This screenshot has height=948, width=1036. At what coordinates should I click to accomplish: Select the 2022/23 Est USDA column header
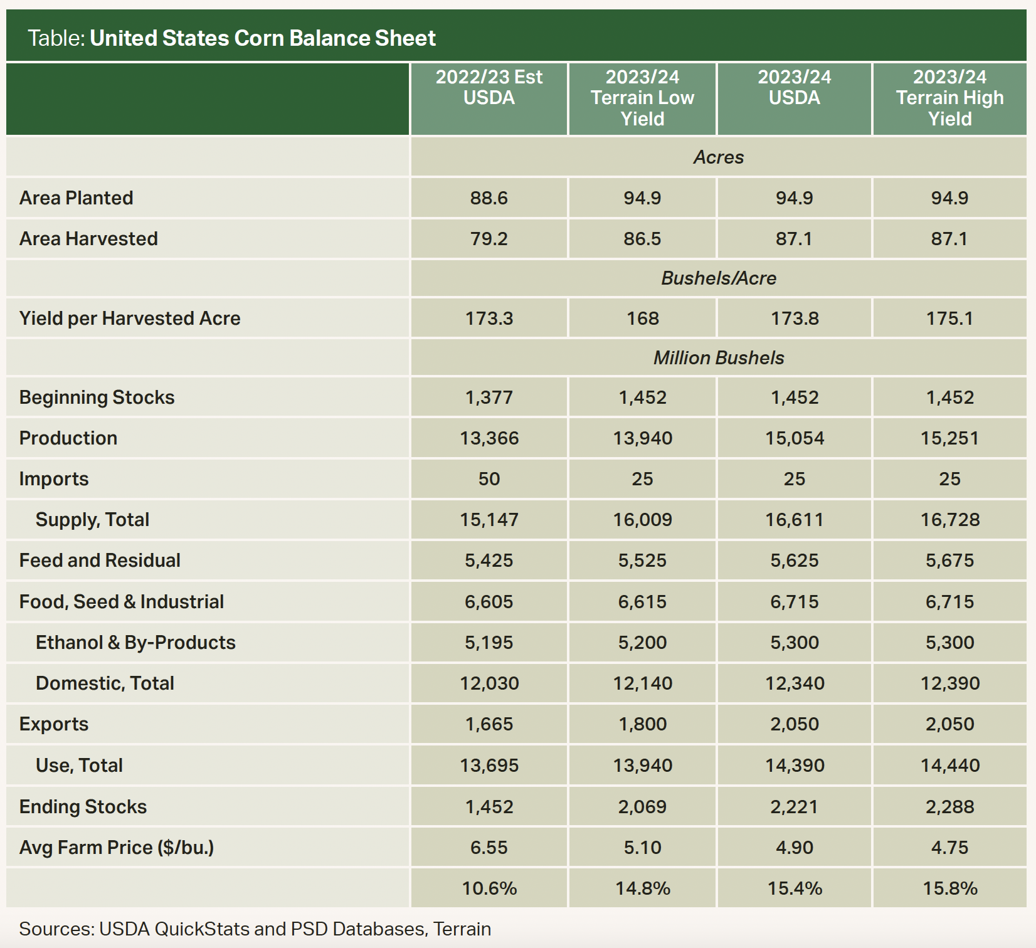click(x=489, y=88)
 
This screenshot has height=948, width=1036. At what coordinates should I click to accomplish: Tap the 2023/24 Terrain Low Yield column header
click(x=642, y=98)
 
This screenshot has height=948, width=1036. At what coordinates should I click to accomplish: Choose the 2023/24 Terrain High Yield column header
click(x=949, y=98)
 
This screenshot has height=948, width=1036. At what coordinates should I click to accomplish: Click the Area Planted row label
click(x=76, y=198)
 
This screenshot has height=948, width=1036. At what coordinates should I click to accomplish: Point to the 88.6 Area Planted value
click(x=489, y=198)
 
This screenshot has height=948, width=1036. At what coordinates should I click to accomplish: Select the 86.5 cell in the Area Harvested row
click(x=642, y=239)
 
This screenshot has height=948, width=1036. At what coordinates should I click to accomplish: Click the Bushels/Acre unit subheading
click(x=719, y=278)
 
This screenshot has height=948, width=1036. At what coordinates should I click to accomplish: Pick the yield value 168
click(x=642, y=319)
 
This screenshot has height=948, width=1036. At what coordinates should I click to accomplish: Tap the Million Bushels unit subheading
click(x=719, y=358)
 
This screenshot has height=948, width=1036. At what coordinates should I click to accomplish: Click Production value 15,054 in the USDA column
click(x=795, y=438)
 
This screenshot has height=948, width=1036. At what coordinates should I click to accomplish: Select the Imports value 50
click(x=489, y=479)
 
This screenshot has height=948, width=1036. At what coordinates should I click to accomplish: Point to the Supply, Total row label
click(x=92, y=520)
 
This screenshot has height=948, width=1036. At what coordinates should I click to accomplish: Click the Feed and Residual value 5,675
click(x=949, y=561)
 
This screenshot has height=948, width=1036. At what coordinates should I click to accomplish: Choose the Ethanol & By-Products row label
click(x=135, y=643)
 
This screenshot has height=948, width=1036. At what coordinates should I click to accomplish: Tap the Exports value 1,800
click(x=642, y=724)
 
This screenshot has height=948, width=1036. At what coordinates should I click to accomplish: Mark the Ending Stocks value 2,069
click(x=642, y=807)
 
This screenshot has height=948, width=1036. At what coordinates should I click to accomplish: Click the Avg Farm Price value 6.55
click(x=489, y=848)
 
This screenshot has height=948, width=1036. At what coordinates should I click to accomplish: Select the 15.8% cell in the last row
click(x=949, y=888)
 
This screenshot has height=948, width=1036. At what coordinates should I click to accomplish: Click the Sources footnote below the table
click(x=255, y=929)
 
